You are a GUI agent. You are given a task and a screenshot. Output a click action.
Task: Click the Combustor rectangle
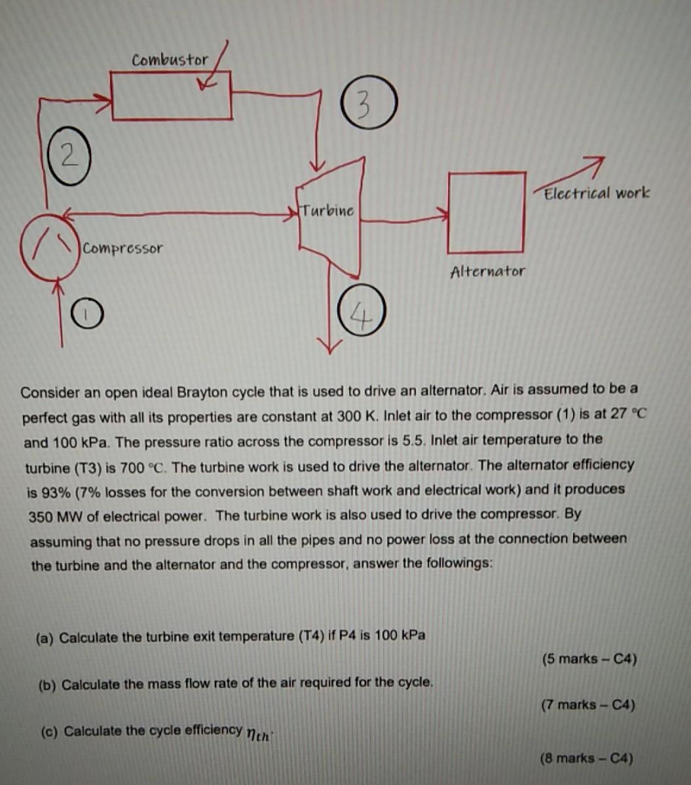point(172,96)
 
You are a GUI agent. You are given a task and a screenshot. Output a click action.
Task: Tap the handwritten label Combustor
point(170,60)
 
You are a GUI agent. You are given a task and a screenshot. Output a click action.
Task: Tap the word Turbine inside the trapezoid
point(328,211)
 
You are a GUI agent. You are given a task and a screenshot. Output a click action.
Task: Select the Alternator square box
point(486,212)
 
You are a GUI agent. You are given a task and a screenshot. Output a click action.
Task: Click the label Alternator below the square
point(487,271)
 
